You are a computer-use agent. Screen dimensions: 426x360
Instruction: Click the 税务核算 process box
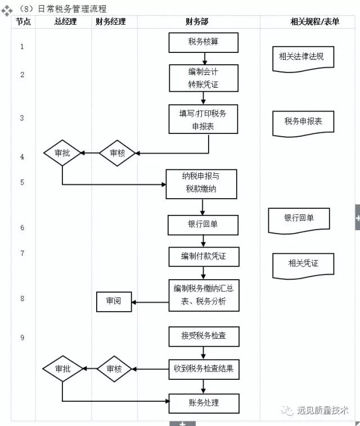point(203,42)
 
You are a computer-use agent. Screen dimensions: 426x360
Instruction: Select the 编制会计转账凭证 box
point(203,78)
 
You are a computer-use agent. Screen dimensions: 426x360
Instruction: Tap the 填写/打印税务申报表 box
point(203,119)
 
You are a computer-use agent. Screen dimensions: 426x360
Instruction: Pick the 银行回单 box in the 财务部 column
point(203,225)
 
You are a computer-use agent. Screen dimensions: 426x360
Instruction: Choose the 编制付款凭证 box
point(203,256)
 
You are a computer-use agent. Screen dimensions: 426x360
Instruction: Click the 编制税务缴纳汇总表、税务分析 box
point(203,295)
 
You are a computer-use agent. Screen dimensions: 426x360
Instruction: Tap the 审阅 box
point(114,302)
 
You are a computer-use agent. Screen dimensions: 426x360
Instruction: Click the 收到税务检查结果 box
point(203,369)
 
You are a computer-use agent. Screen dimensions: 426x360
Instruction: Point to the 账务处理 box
point(203,403)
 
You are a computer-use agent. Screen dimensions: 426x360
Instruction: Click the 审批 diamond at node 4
point(62,153)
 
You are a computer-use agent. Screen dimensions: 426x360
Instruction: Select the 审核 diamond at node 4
point(117,153)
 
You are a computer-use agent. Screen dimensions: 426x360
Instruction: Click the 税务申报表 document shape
point(303,123)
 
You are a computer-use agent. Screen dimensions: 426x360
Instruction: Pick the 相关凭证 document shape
point(303,264)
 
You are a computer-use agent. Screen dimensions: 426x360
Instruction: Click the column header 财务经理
point(111,22)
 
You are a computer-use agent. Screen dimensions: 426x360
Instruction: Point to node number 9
point(22,338)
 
